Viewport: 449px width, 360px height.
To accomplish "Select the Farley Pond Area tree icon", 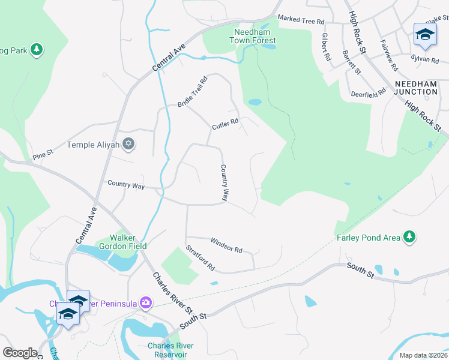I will [410, 238].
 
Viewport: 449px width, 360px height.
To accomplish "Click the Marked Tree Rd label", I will [301, 20].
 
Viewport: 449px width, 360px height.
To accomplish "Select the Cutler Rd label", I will [225, 125].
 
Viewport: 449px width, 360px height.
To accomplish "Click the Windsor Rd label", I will [226, 245].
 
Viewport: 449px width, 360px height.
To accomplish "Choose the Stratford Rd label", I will [200, 257].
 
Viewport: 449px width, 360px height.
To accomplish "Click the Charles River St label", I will [172, 294].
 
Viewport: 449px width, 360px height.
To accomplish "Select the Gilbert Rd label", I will [326, 47].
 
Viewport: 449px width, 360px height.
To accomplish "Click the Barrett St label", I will [351, 62].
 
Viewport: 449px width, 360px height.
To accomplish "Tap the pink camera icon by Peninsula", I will [145, 302].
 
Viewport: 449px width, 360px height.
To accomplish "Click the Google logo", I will [20, 353].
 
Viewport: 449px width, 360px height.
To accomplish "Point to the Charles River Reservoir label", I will [169, 349].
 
